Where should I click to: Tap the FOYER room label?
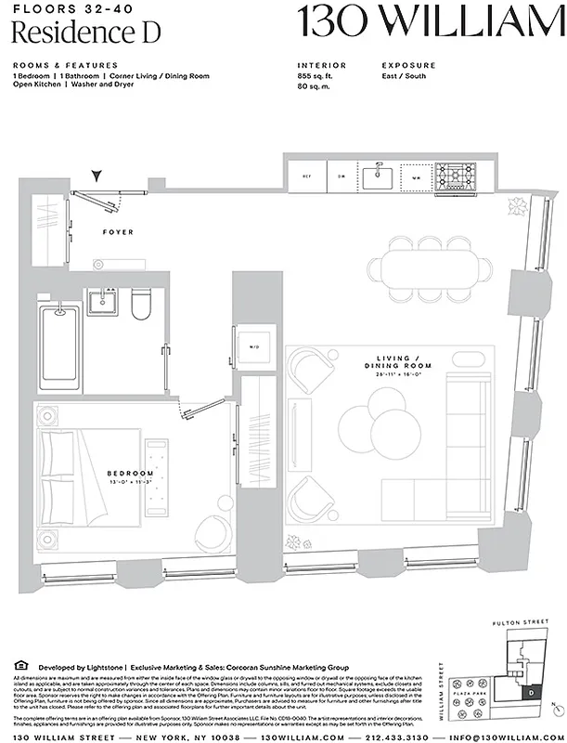(x=118, y=232)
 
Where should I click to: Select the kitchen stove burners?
(x=454, y=175)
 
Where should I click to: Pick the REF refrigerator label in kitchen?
(x=305, y=176)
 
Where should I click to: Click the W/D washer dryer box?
(x=252, y=347)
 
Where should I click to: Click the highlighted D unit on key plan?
(x=529, y=691)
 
